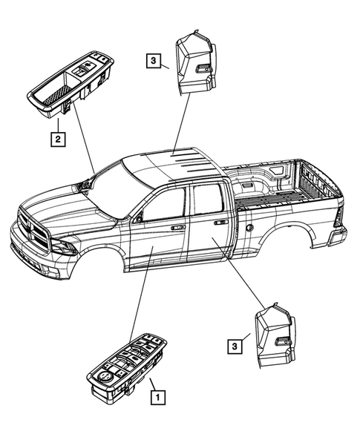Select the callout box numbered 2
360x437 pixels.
point(56,137)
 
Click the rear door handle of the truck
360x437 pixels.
point(220,222)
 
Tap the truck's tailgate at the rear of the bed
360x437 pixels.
point(338,215)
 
